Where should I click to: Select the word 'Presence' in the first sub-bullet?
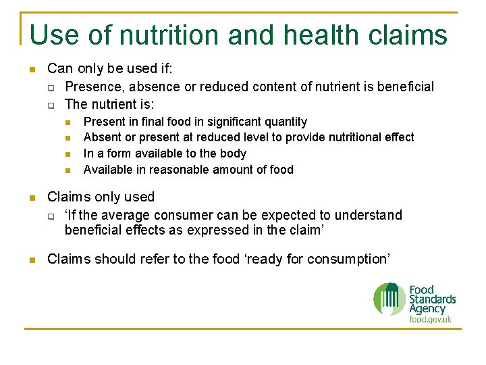click(94, 87)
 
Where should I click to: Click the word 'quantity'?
click(286, 122)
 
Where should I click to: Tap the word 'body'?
click(234, 153)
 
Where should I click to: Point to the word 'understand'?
click(369, 215)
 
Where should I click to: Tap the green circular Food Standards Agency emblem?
click(389, 299)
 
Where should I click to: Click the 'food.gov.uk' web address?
click(430, 319)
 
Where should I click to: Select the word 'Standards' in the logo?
click(432, 299)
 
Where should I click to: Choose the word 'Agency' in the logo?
click(427, 308)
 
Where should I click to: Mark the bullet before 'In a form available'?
click(68, 154)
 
